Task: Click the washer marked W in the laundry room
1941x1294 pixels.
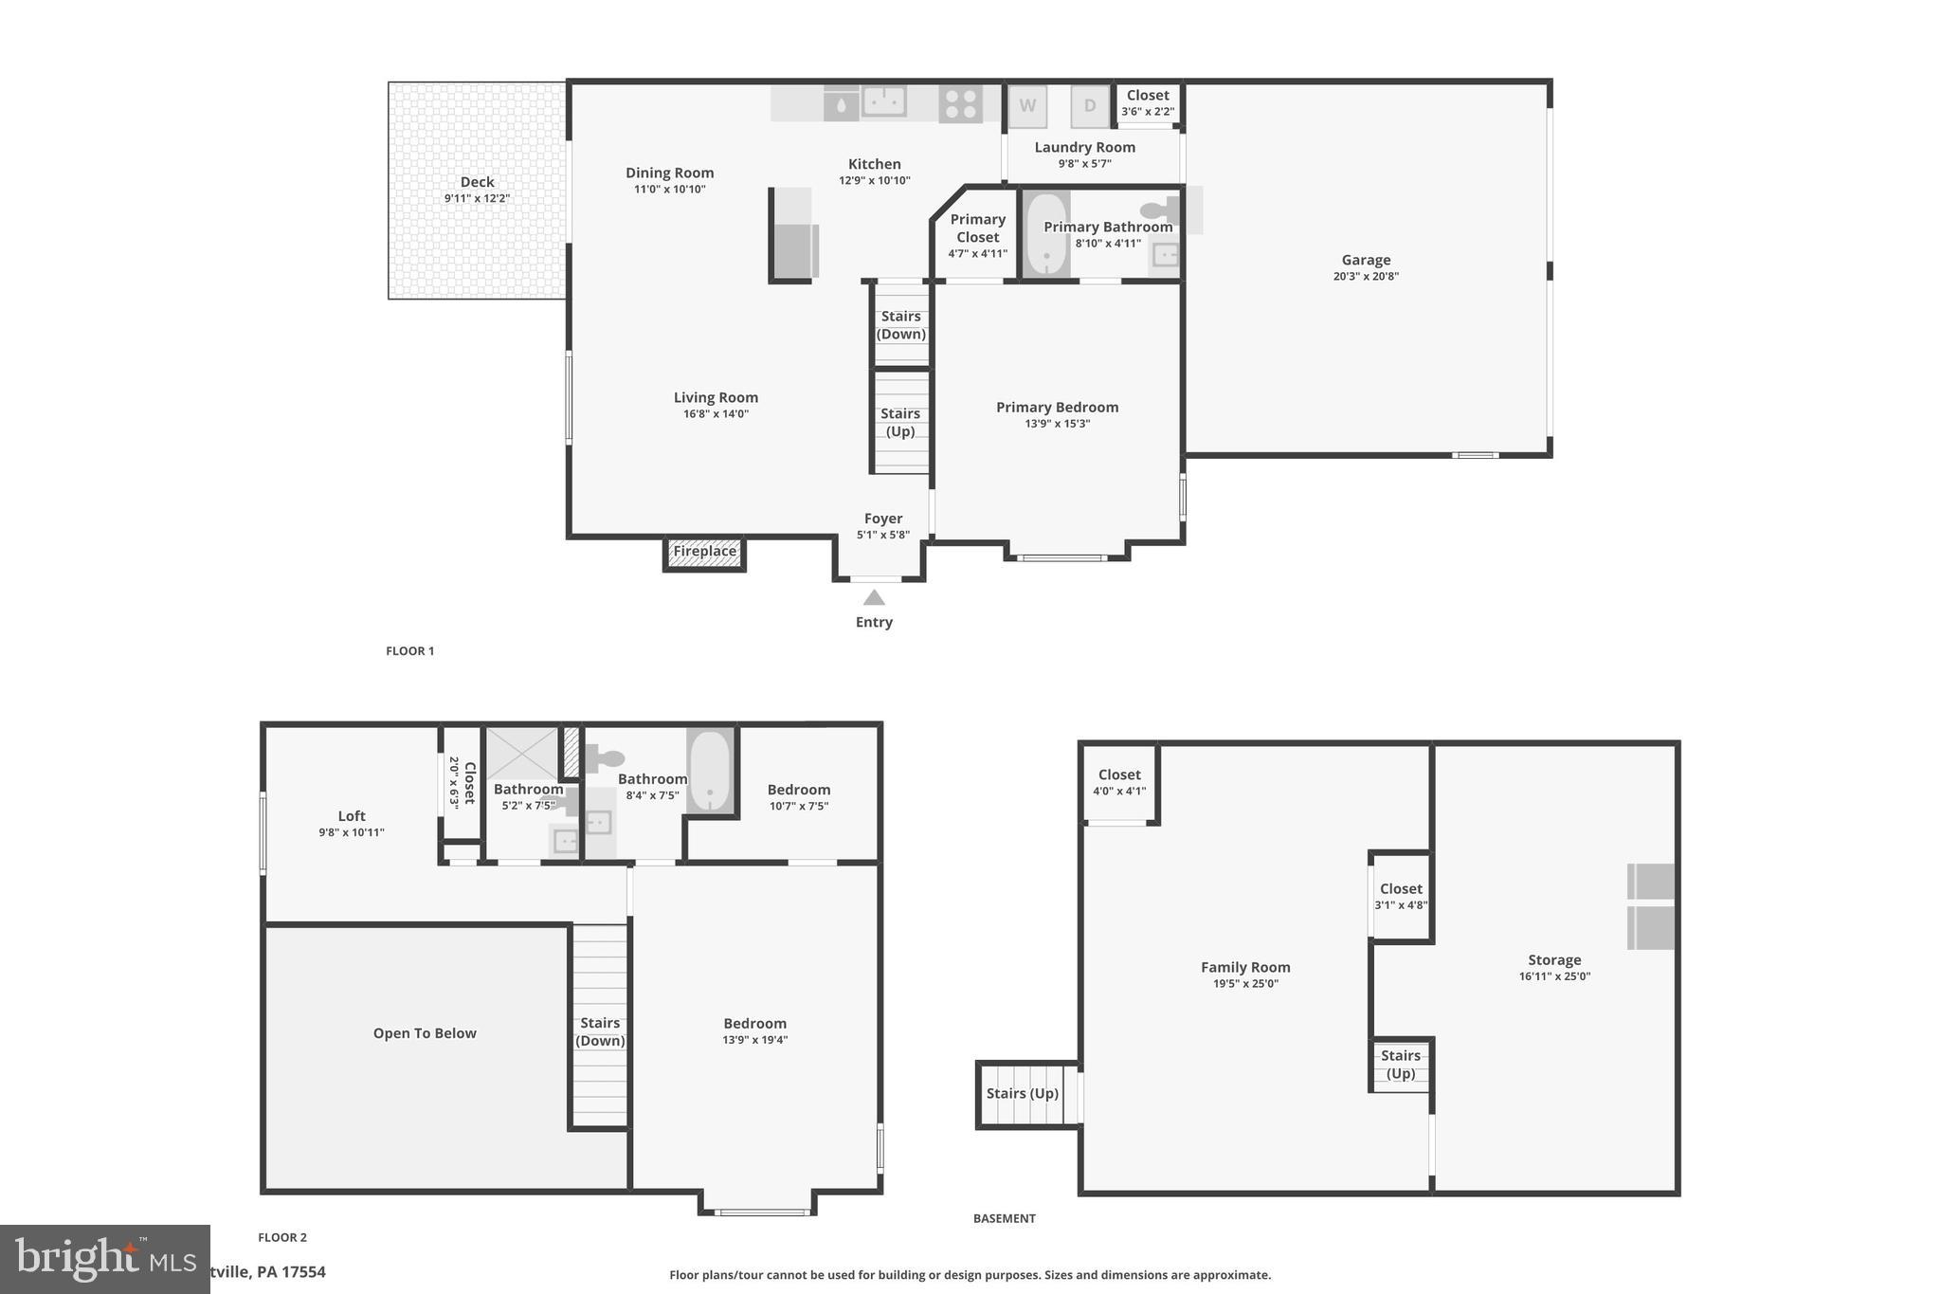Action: (x=1027, y=106)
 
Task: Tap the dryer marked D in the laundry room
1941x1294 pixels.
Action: (x=1090, y=106)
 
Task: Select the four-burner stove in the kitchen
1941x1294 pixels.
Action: (x=960, y=103)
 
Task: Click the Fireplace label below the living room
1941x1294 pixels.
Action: (x=704, y=552)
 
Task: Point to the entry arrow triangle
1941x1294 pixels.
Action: (x=874, y=597)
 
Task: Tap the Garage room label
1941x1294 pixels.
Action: (x=1366, y=260)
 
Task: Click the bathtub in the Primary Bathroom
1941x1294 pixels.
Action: (x=1046, y=234)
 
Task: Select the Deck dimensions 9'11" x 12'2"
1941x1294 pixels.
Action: (x=477, y=199)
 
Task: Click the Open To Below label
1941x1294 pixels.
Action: (x=425, y=1033)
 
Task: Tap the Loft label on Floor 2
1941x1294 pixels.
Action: (x=352, y=815)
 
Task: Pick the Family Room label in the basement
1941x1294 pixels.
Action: (x=1245, y=967)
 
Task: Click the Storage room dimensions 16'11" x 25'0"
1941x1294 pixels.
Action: (x=1554, y=976)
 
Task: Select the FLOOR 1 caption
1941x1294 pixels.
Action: (x=409, y=651)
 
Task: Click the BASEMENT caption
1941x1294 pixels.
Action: (x=1004, y=1218)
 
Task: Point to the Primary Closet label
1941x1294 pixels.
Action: (x=977, y=228)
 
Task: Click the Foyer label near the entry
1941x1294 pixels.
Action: (x=882, y=519)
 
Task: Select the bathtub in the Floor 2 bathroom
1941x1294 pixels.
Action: (x=711, y=771)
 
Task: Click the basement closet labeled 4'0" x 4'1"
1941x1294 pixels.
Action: (x=1119, y=782)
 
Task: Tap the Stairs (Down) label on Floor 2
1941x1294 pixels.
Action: (x=600, y=1031)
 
